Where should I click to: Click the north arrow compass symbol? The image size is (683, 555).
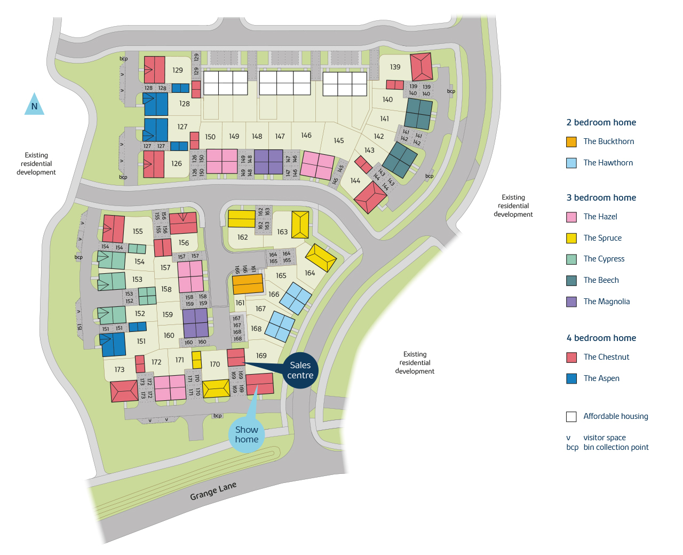pyautogui.click(x=34, y=105)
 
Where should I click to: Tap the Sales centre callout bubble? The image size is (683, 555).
pyautogui.click(x=300, y=370)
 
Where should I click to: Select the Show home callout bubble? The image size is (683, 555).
pyautogui.click(x=247, y=434)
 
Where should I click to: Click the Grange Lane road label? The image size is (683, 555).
pyautogui.click(x=213, y=491)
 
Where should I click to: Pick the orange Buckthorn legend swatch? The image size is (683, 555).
pyautogui.click(x=571, y=142)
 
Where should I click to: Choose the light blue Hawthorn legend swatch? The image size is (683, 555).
pyautogui.click(x=571, y=163)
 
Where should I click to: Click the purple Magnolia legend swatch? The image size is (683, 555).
pyautogui.click(x=571, y=302)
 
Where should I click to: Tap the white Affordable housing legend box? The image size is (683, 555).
pyautogui.click(x=571, y=417)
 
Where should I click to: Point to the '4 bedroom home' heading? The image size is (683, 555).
pyautogui.click(x=601, y=338)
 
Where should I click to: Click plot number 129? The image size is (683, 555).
pyautogui.click(x=178, y=70)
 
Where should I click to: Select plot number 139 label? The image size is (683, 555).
pyautogui.click(x=395, y=67)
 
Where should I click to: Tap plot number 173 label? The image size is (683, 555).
pyautogui.click(x=120, y=369)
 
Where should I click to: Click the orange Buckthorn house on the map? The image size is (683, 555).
pyautogui.click(x=248, y=284)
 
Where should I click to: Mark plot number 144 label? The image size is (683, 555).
pyautogui.click(x=355, y=181)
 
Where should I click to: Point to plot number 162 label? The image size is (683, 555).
pyautogui.click(x=243, y=237)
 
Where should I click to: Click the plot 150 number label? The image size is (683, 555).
pyautogui.click(x=210, y=137)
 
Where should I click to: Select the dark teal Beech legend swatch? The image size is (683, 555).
pyautogui.click(x=571, y=281)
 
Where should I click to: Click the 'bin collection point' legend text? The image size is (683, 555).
pyautogui.click(x=616, y=447)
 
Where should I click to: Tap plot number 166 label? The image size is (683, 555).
pyautogui.click(x=274, y=295)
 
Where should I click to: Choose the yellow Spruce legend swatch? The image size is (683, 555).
pyautogui.click(x=571, y=239)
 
